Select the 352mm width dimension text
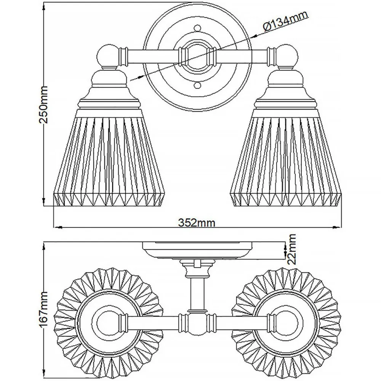[x=197, y=222]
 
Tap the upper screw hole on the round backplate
[x=197, y=28]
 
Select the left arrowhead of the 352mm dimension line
[x=58, y=227]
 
